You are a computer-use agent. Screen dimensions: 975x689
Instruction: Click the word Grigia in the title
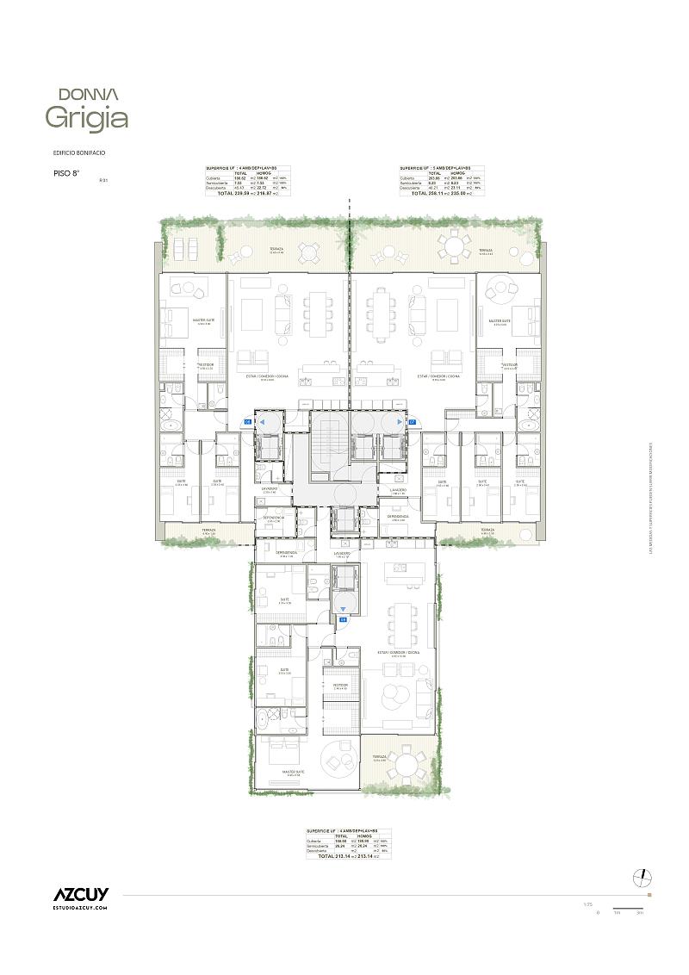point(86,118)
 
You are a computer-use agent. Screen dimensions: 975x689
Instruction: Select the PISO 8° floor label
point(65,173)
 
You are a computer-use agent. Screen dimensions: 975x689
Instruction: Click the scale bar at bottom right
point(628,909)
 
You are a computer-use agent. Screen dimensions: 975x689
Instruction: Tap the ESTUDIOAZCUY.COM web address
point(79,908)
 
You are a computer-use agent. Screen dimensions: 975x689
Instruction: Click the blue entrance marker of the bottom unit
point(343,619)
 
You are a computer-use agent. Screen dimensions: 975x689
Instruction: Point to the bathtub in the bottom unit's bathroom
point(275,715)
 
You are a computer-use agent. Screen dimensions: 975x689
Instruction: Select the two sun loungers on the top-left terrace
point(185,248)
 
